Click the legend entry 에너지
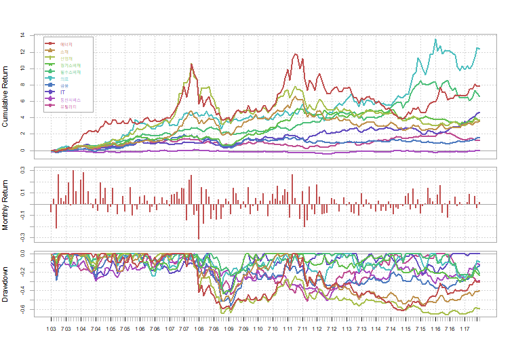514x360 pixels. [x=66, y=44]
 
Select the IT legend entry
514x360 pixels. [x=63, y=92]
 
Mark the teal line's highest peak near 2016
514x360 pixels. [x=435, y=39]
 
